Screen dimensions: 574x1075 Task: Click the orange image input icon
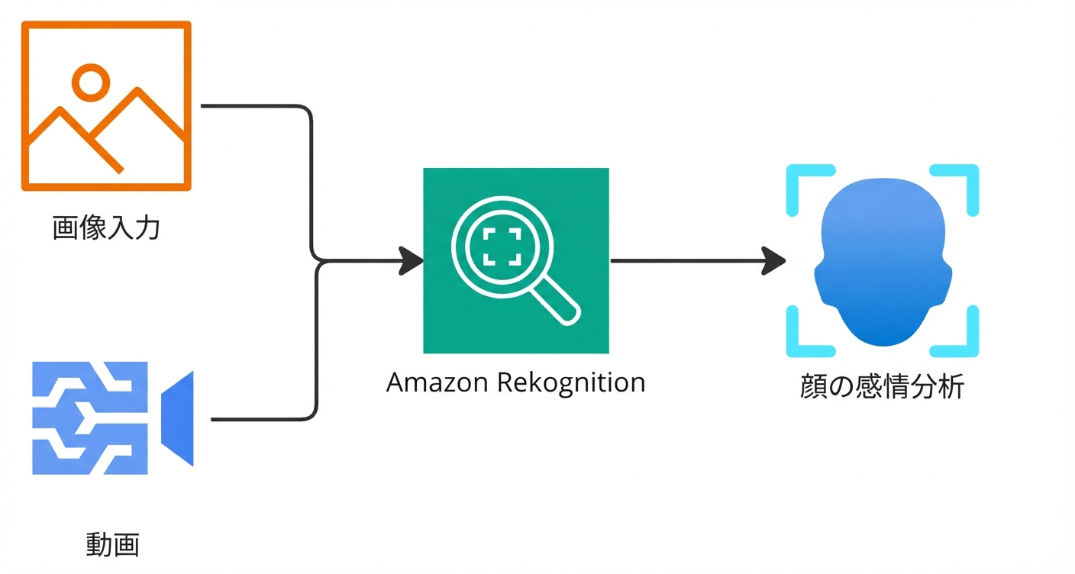click(105, 105)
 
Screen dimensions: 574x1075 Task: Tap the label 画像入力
click(106, 227)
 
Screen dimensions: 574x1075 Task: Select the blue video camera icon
click(112, 418)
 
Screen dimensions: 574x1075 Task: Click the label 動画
click(112, 545)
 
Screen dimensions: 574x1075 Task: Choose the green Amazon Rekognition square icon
click(516, 260)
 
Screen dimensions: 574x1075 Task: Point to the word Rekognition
click(571, 382)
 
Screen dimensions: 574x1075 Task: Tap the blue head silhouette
click(883, 263)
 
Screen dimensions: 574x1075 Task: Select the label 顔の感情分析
click(882, 387)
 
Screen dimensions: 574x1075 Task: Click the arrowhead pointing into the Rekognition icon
click(412, 261)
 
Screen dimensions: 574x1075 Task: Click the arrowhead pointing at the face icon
click(774, 261)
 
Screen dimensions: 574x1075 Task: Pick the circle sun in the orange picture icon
click(90, 82)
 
